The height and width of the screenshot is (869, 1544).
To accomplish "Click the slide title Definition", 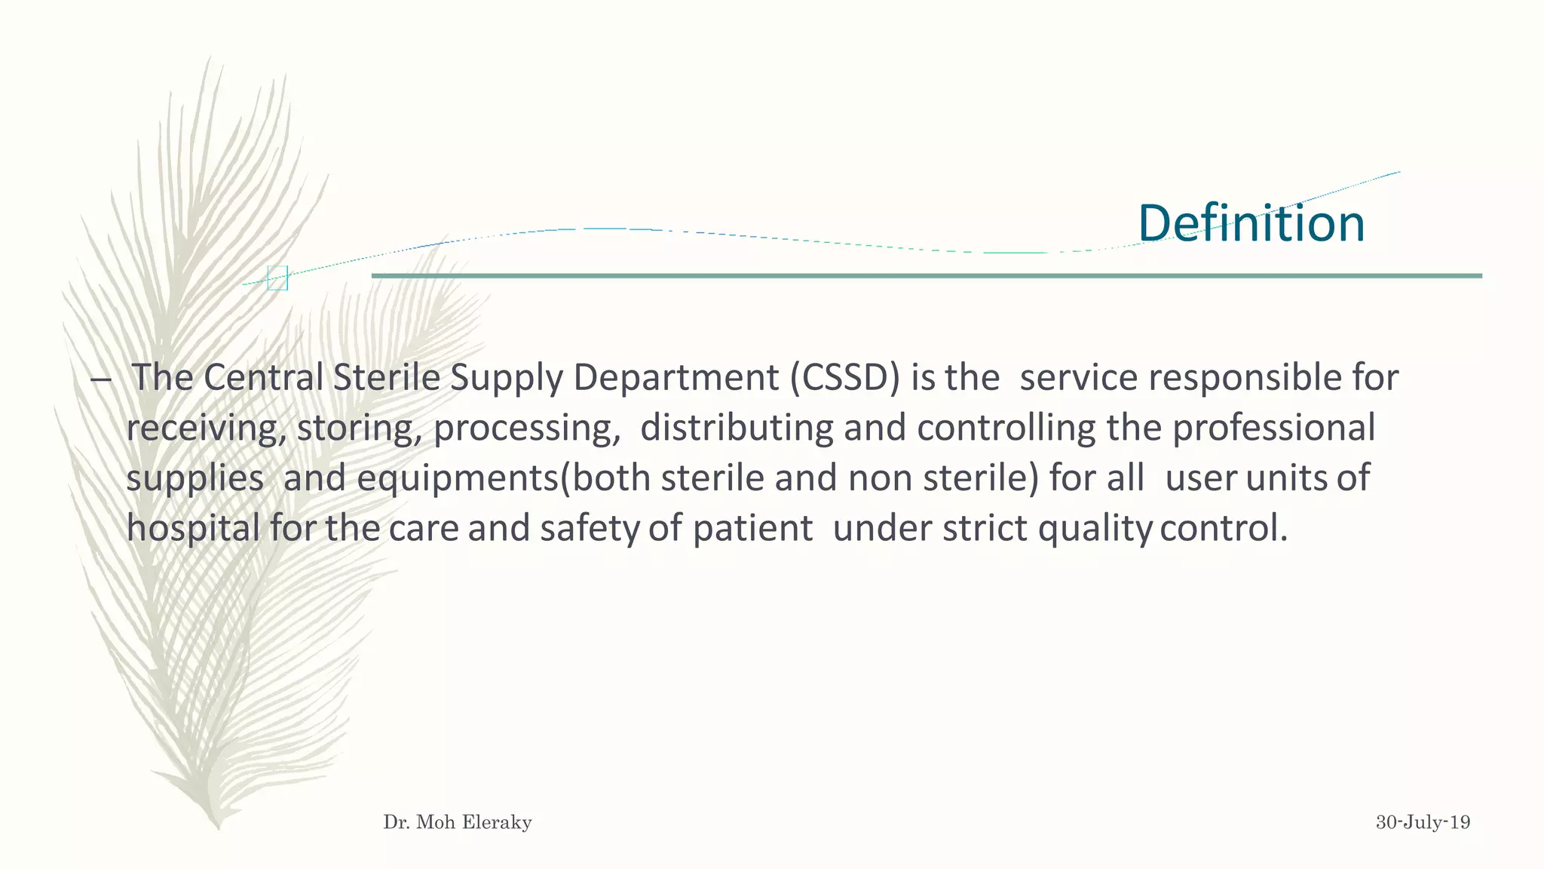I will [x=1251, y=223].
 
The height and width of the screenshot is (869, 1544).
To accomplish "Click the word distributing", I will [x=737, y=428].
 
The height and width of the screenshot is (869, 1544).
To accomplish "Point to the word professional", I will [x=1273, y=428].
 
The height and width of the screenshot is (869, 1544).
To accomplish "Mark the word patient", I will [x=752, y=529].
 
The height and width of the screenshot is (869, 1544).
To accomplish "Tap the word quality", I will [x=1095, y=529].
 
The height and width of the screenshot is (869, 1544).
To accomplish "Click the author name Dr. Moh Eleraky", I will [x=458, y=822].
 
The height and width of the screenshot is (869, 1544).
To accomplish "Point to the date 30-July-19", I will [x=1423, y=822].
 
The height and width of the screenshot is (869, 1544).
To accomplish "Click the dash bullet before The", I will [x=100, y=379].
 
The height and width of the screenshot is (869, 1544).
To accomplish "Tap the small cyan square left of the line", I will [x=277, y=278].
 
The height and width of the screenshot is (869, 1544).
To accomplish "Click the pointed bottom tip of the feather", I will [x=218, y=826].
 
